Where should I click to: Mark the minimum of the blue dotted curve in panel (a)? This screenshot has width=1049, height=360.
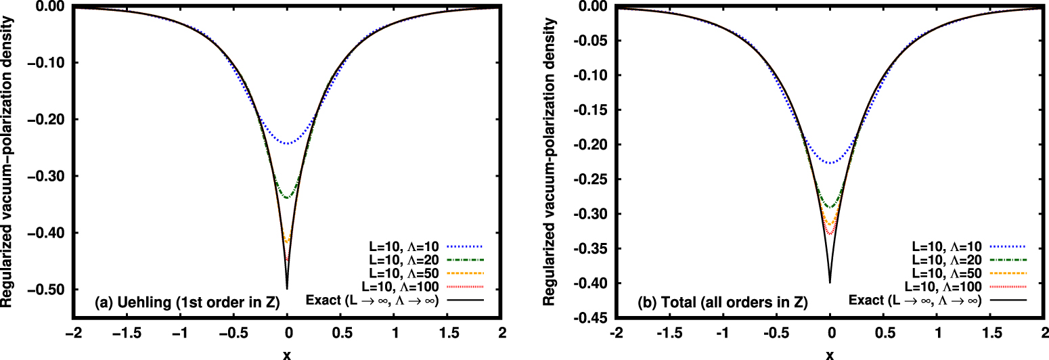(288, 143)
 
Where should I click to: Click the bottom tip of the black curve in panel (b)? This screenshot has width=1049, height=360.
(830, 282)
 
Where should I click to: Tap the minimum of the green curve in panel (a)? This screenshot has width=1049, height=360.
(288, 198)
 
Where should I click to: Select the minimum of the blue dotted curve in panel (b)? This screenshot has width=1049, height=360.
(830, 162)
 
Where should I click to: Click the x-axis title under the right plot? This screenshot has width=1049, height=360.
(830, 353)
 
